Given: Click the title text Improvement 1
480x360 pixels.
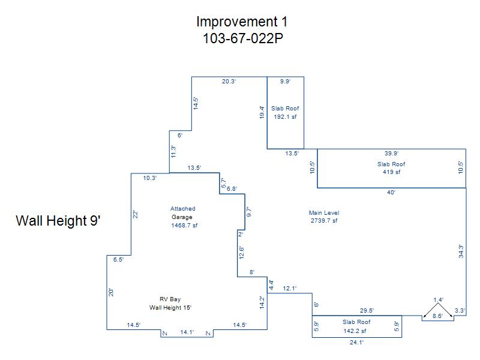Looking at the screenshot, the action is coord(242,22).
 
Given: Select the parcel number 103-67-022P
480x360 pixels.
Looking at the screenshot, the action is coord(243,38).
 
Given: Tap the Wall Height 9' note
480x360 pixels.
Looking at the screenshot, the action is coord(58,220).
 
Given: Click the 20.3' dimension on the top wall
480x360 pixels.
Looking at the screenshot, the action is coord(229,82).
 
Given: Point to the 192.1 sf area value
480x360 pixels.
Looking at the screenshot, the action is coord(285,116).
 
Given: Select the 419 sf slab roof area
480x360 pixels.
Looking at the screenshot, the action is coord(391,172).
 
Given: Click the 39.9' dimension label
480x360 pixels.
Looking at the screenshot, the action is coord(391,154).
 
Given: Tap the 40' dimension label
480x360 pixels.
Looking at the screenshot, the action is coord(391,193).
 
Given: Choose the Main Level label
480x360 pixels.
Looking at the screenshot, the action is coord(324,212).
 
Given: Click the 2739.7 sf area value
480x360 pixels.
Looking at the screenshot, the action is coord(324,220).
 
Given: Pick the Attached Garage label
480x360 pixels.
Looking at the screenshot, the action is coord(182,213).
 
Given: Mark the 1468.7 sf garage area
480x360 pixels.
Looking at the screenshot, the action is coord(184,226).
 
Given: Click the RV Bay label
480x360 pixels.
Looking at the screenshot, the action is coord(170,299).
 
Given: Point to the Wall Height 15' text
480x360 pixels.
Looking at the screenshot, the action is coord(170,307).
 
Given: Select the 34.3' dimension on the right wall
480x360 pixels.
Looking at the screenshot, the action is coord(461,251).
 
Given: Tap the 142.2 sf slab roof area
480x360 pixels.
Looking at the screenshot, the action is coord(355,331).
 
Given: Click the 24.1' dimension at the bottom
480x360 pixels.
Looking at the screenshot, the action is coord(356,343).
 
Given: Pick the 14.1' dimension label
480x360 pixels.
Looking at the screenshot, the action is coord(187,332).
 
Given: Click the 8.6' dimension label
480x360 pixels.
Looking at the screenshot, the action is coord(437,316).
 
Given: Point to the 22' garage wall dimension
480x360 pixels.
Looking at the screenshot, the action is coord(136,215).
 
